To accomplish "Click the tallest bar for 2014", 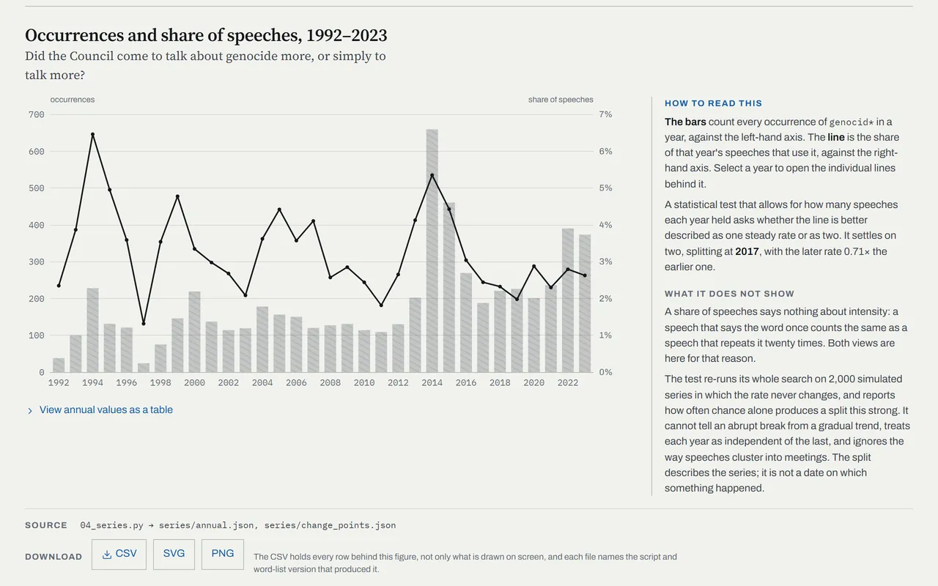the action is click(432, 251).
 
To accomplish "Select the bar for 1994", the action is click(92, 330).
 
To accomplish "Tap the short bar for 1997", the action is click(144, 368).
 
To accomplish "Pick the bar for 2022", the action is click(567, 300).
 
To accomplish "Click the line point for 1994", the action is click(92, 134).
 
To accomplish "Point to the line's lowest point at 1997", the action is click(144, 324).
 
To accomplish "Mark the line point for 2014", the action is click(432, 175).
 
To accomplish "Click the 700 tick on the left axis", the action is click(37, 115).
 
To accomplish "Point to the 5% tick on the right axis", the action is click(605, 188).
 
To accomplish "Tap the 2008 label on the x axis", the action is click(330, 382).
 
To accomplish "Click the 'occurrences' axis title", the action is click(73, 100).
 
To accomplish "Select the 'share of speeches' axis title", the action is click(561, 100).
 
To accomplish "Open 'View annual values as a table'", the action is click(106, 409).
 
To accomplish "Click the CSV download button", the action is click(119, 555).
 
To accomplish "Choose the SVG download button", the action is click(174, 555).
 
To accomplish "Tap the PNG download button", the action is click(222, 555).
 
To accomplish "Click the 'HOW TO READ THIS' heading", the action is click(713, 103).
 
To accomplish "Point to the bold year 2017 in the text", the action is click(747, 251).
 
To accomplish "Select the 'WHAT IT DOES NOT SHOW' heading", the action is click(729, 294).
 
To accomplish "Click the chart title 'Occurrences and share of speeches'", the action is click(163, 35).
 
